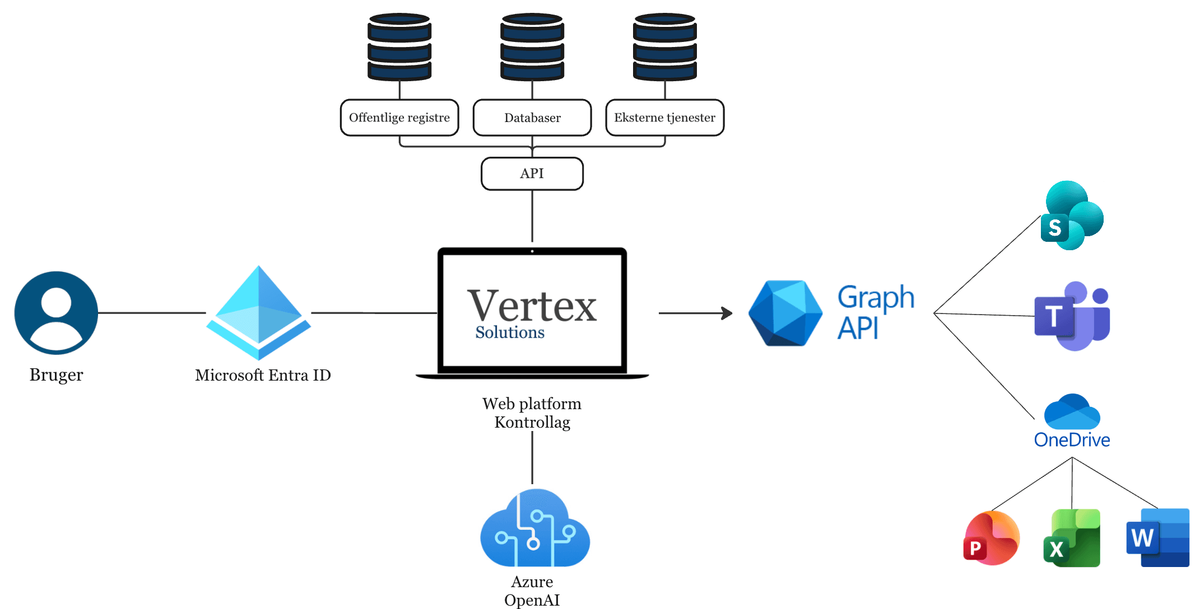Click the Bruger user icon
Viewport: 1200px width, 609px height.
coord(56,313)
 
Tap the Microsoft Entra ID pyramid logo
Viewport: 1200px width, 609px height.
coord(258,313)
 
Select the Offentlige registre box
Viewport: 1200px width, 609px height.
coord(399,118)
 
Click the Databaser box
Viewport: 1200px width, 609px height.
coord(532,118)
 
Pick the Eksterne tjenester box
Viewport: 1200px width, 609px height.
coord(665,118)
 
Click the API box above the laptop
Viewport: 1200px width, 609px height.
coord(532,174)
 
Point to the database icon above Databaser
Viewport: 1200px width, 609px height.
coord(532,47)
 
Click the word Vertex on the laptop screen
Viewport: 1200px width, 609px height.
coord(532,306)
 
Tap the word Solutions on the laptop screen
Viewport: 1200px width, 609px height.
coord(510,332)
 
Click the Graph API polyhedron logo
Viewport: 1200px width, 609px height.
coord(785,313)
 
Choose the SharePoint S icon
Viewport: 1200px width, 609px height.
coord(1071,216)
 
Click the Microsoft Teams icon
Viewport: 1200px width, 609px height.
coord(1071,316)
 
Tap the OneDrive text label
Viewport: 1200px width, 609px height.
coord(1072,440)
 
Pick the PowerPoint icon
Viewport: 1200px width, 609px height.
coord(991,538)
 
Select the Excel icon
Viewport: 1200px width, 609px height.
coord(1072,538)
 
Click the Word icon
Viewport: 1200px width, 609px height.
coord(1157,538)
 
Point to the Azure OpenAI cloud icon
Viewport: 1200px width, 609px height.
coord(534,528)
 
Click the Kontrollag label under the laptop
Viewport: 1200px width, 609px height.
coord(532,423)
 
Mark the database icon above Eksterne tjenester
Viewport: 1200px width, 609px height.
coord(665,47)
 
